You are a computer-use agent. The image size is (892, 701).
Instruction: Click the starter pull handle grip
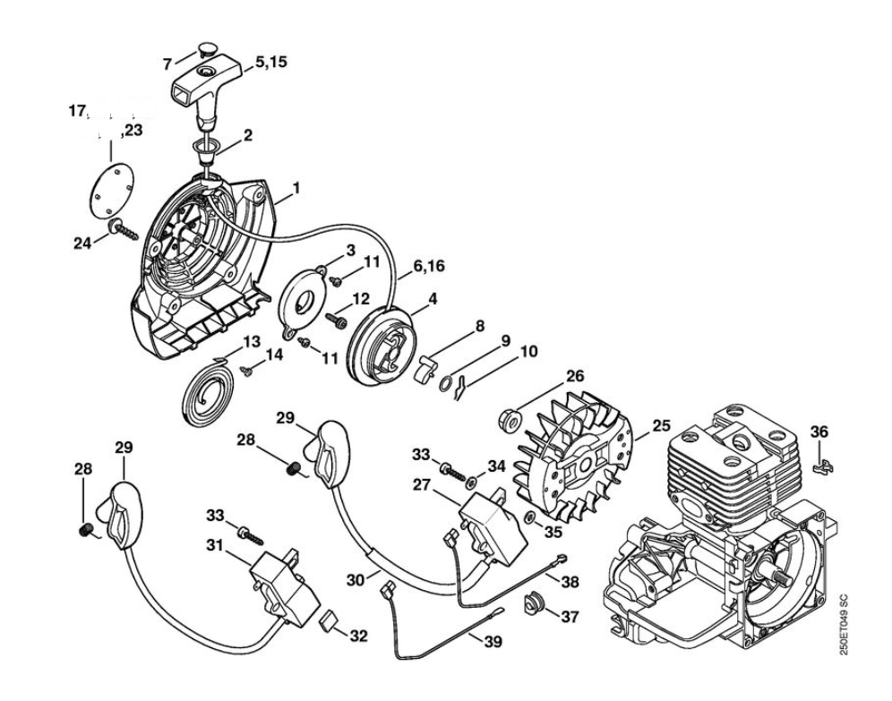coord(207,89)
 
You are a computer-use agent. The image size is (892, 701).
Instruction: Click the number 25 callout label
coord(660,424)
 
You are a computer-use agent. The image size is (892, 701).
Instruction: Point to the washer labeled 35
coord(529,519)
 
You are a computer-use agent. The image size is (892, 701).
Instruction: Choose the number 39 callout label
coord(493,641)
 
